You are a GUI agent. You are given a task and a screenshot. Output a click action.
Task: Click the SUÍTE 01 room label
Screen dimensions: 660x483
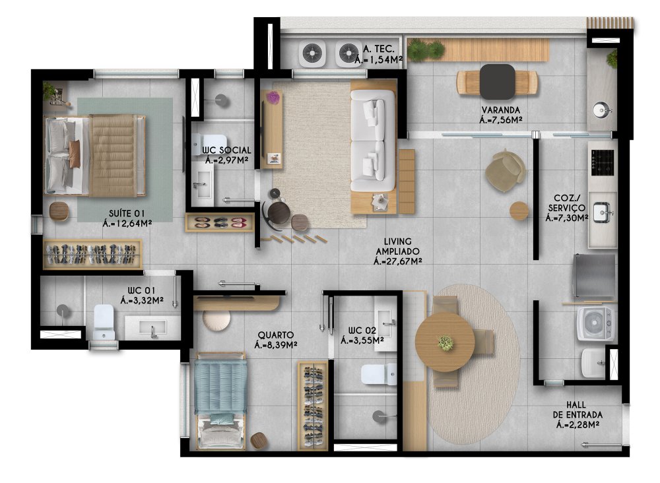[x=127, y=213]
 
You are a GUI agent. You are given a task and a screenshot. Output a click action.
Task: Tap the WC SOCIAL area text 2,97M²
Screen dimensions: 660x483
[x=230, y=160]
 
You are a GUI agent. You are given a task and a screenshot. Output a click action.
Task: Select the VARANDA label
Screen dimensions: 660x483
[x=501, y=110]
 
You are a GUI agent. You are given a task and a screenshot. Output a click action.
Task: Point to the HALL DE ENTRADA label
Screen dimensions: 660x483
[x=577, y=410]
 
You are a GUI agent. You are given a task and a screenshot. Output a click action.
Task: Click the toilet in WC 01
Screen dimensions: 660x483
[x=104, y=322]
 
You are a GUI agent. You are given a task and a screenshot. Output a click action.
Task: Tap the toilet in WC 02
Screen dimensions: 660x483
[x=378, y=374]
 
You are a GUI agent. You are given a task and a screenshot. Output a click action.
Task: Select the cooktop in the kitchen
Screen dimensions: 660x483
[x=603, y=163]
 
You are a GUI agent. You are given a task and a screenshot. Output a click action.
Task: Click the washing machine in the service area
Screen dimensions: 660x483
[x=595, y=323]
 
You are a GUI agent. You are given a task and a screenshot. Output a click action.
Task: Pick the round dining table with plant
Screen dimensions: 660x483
[x=445, y=342]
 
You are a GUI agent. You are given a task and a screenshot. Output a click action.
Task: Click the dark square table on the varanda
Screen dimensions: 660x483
[x=497, y=82]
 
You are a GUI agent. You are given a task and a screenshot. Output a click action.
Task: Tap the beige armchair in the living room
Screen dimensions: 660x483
[x=505, y=170]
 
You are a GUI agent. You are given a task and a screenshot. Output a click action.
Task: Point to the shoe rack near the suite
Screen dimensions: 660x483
[x=220, y=222]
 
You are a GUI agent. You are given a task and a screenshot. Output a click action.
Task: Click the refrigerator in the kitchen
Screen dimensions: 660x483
[x=594, y=276]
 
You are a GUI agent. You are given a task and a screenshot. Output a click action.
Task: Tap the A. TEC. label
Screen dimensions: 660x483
[x=378, y=49]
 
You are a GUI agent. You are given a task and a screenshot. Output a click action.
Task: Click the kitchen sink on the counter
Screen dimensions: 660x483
[x=602, y=212]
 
